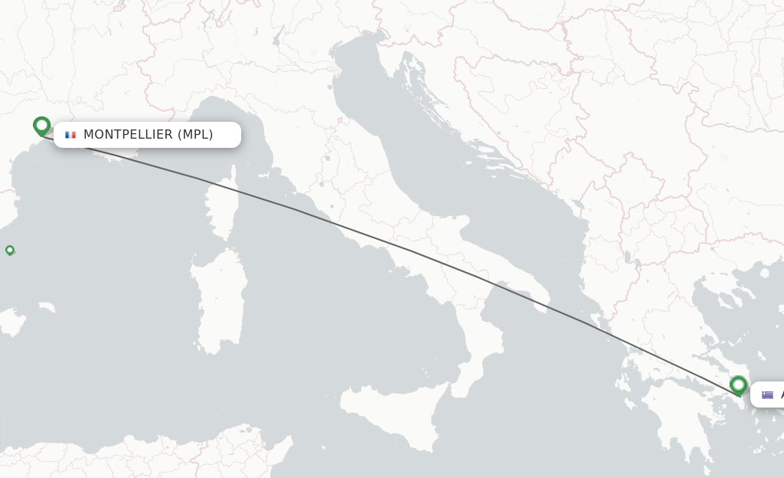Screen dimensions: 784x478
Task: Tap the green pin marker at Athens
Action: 739,385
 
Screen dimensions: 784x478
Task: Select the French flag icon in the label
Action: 70,135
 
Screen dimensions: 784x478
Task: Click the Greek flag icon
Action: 767,395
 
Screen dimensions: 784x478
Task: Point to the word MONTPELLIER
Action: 128,135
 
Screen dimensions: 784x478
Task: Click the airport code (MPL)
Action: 195,135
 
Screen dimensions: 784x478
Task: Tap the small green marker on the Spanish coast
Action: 10,250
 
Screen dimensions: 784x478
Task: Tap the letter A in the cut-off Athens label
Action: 781,395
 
